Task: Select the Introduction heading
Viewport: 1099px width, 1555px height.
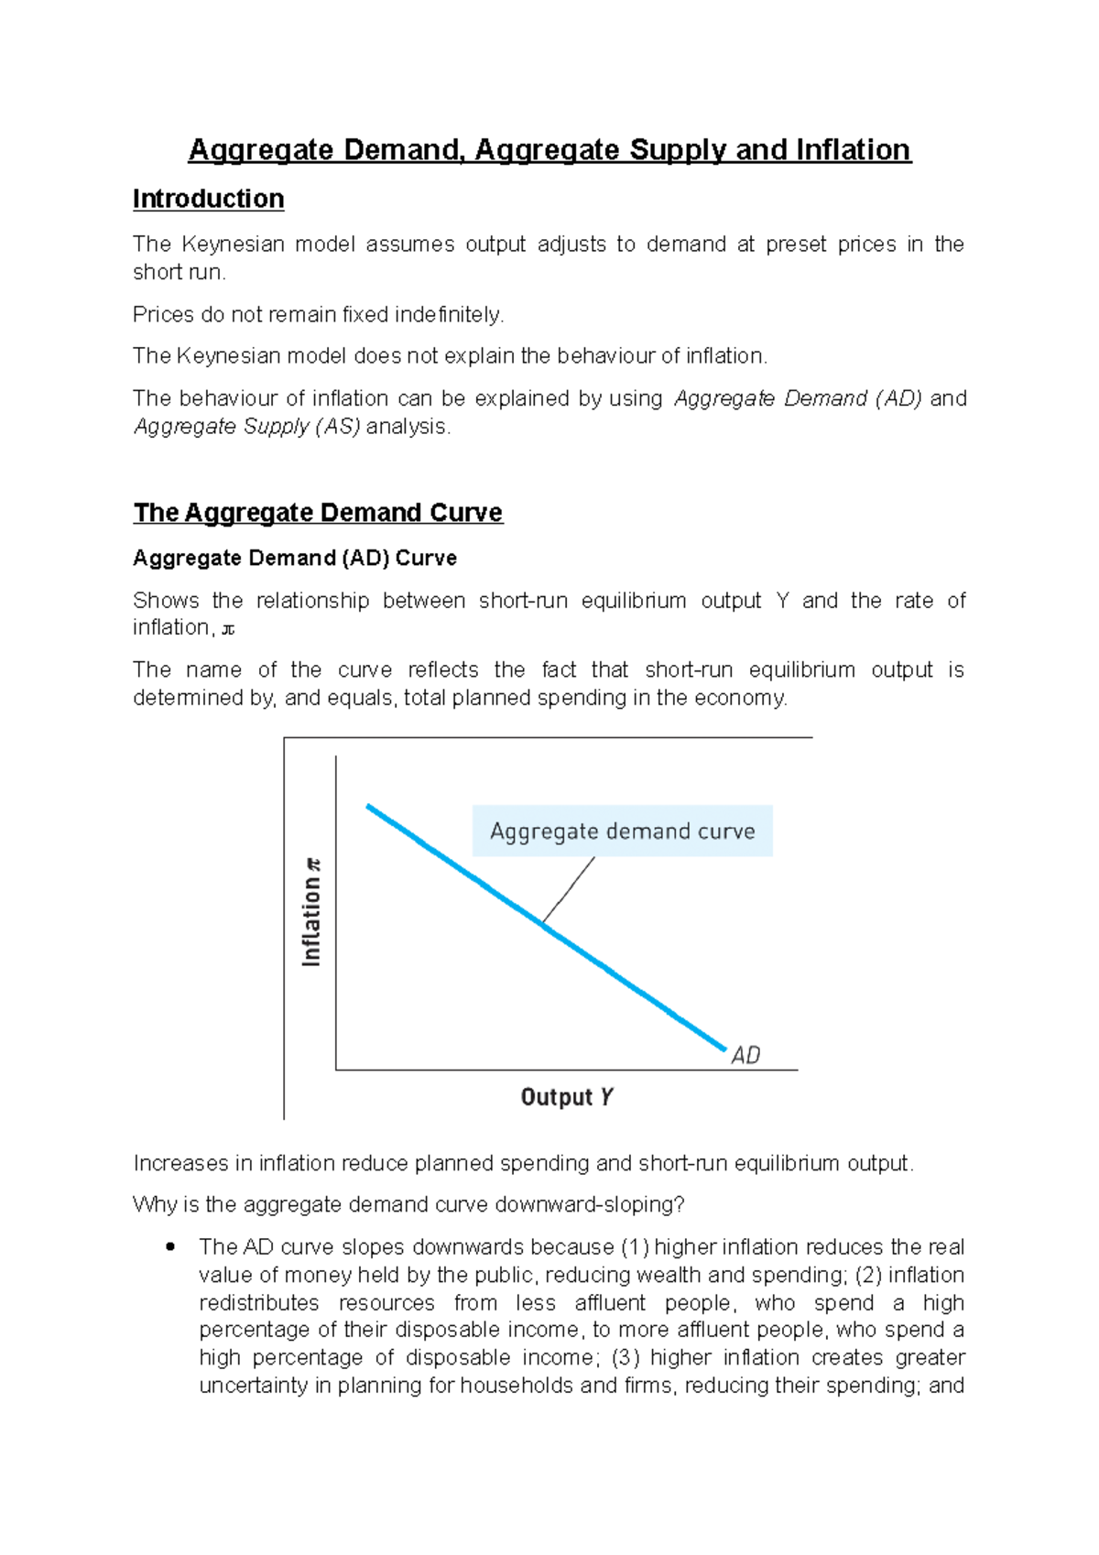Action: tap(208, 199)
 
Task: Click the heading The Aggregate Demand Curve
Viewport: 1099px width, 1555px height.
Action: tap(318, 512)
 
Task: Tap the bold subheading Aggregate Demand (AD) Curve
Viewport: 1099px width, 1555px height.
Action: tap(294, 558)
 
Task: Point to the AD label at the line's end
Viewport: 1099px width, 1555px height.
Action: tap(745, 1056)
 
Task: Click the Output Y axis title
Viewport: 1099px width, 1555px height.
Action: tap(566, 1096)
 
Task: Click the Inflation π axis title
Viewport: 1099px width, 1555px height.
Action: tap(312, 911)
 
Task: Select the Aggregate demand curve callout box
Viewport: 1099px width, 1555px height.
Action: tap(622, 831)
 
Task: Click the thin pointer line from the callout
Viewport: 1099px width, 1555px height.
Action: tap(569, 889)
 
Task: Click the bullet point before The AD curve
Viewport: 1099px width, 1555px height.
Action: tap(169, 1246)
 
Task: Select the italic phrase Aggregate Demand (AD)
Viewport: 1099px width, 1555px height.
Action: tap(798, 398)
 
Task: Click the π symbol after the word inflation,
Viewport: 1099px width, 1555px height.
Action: tap(229, 630)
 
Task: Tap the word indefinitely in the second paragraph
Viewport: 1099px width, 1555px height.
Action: tap(449, 315)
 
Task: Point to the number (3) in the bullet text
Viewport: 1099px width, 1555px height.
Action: tap(623, 1357)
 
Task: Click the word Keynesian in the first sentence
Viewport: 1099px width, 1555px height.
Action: tap(231, 245)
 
